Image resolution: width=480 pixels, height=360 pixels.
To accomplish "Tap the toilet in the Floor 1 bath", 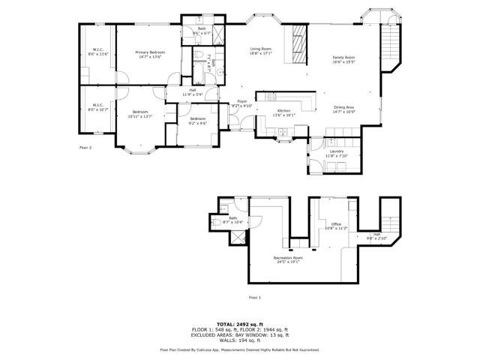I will click(225, 223).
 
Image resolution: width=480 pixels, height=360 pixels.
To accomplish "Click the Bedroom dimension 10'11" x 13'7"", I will click(139, 116).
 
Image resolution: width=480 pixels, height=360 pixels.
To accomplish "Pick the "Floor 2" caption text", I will click(85, 148).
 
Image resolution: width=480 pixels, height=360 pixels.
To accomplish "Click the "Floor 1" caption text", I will click(255, 298).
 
